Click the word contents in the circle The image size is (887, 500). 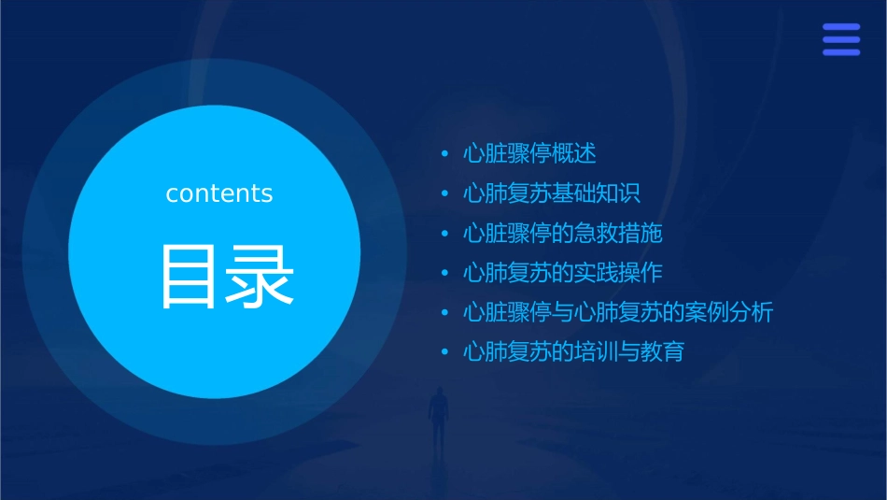[219, 193]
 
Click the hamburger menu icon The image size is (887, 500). [840, 39]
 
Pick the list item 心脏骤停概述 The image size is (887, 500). [529, 153]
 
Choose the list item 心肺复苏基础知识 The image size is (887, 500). [552, 193]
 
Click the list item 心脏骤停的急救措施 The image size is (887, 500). [562, 233]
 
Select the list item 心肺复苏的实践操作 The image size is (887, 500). [562, 273]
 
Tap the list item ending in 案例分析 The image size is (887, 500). [618, 312]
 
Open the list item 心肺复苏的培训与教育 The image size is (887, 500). [573, 352]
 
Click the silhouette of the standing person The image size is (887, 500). [437, 416]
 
